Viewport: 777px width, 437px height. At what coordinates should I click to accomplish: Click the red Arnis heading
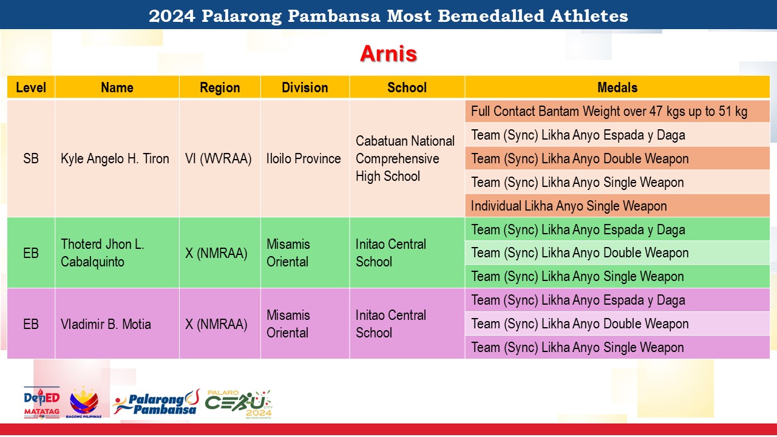(388, 54)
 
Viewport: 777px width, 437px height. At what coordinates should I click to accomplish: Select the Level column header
(31, 87)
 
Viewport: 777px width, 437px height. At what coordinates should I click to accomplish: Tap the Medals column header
(617, 87)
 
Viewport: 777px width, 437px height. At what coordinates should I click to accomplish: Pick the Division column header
(305, 87)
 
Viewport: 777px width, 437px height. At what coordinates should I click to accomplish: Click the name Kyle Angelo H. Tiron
(115, 158)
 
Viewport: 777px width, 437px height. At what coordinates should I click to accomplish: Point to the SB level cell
(31, 158)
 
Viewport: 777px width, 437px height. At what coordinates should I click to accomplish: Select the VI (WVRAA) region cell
(218, 158)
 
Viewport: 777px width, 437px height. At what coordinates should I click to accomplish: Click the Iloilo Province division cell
(304, 158)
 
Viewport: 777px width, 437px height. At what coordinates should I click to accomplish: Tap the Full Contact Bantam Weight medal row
(609, 111)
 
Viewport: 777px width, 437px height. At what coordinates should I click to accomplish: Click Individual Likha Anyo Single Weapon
(569, 206)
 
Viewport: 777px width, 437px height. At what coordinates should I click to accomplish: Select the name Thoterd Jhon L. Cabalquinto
(103, 253)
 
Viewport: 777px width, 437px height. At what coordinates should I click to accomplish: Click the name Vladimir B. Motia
(106, 324)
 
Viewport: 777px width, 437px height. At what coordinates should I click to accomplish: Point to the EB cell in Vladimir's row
(31, 324)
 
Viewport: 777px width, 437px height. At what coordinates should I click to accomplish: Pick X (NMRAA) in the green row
(216, 253)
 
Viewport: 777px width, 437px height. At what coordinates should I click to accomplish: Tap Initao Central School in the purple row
(390, 324)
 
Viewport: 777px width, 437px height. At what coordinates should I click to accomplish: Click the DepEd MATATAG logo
(42, 402)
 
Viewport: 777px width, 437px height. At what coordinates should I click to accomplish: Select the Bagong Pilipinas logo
(84, 402)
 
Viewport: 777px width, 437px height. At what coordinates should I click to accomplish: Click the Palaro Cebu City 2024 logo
(239, 404)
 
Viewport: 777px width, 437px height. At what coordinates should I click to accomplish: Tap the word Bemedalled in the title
(491, 16)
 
